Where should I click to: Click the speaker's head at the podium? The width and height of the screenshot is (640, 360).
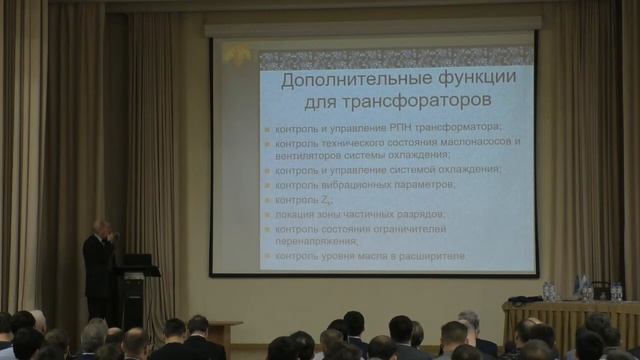coord(100,228)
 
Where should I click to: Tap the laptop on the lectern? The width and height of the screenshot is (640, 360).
coord(135,260)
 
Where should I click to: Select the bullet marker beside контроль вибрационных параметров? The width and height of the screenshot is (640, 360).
coord(267,186)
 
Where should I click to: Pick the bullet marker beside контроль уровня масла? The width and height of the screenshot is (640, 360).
coord(267,257)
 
